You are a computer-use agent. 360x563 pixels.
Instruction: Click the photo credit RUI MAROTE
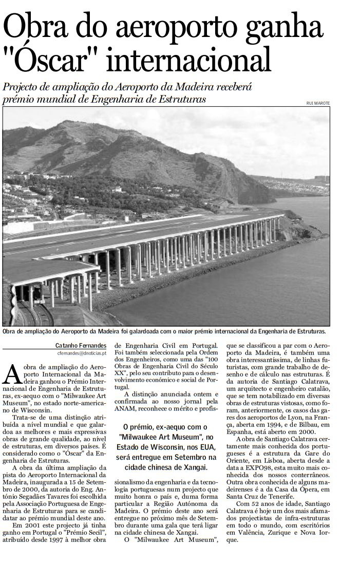point(317,103)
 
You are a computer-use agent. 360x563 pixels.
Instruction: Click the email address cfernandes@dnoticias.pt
point(82,353)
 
